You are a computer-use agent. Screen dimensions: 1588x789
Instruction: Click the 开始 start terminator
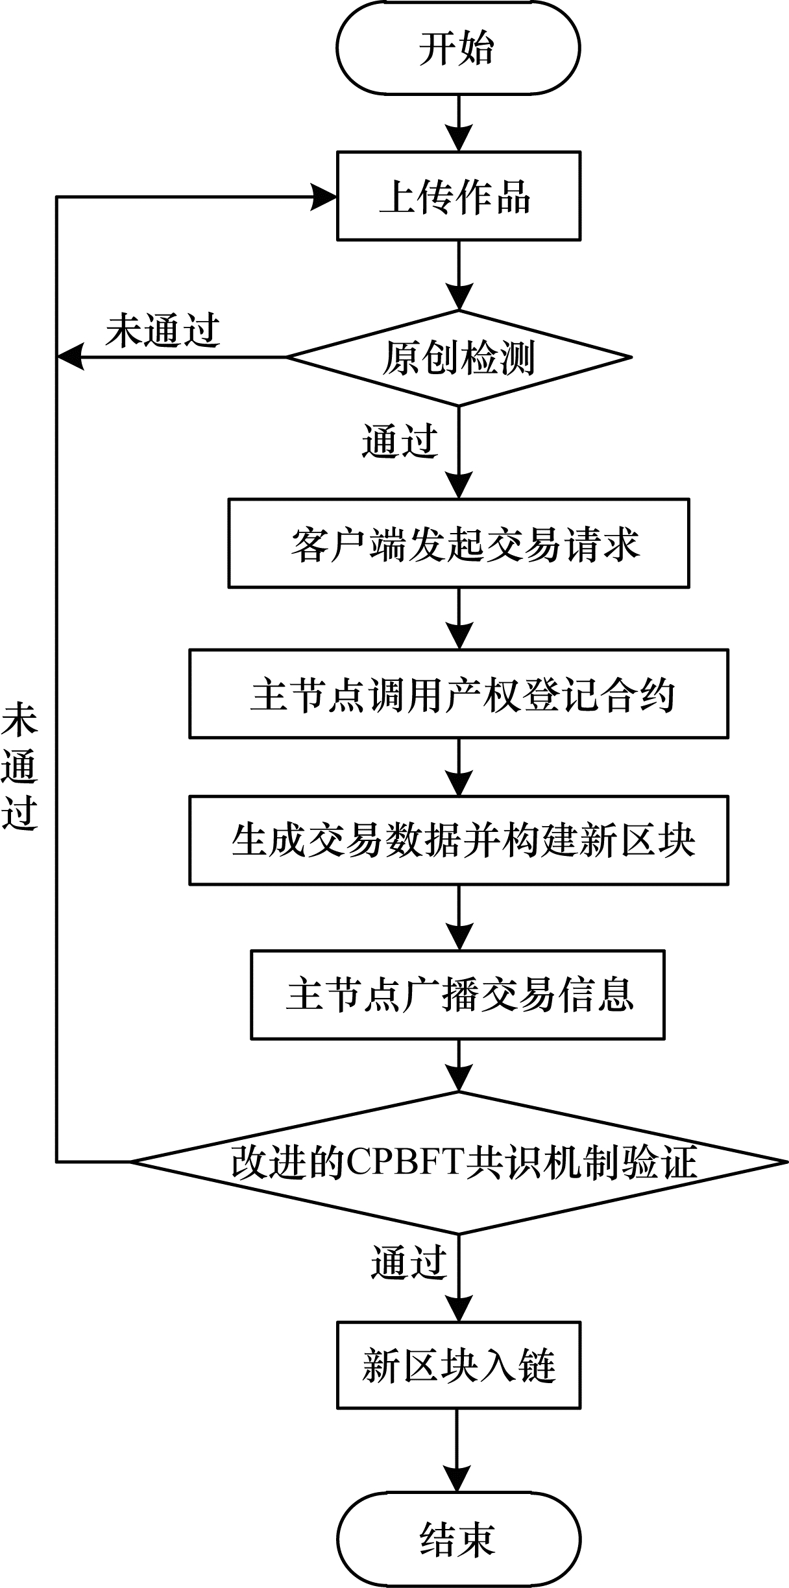pyautogui.click(x=458, y=48)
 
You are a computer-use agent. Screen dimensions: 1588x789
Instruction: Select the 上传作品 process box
pyautogui.click(x=458, y=196)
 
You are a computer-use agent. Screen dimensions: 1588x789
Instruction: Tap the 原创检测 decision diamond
pyautogui.click(x=458, y=357)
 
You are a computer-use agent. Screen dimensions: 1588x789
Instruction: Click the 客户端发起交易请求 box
pyautogui.click(x=458, y=543)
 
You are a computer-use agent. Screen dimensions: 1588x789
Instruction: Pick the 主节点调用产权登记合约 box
pyautogui.click(x=458, y=694)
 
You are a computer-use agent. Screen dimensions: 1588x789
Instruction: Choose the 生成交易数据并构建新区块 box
pyautogui.click(x=458, y=840)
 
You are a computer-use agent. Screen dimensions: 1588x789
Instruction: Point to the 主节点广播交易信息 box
pyautogui.click(x=458, y=995)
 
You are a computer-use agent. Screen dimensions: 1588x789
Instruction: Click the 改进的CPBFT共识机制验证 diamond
pyautogui.click(x=458, y=1162)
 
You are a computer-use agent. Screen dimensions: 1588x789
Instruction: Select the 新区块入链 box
pyautogui.click(x=458, y=1366)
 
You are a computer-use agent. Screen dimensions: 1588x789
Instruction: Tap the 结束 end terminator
pyautogui.click(x=458, y=1539)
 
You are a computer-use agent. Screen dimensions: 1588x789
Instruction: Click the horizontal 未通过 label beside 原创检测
pyautogui.click(x=163, y=331)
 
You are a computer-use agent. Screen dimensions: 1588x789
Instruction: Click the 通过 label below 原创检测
pyautogui.click(x=400, y=442)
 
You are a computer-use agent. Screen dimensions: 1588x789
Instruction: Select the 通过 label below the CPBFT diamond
pyautogui.click(x=409, y=1262)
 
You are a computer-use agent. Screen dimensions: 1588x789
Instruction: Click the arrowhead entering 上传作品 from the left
pyautogui.click(x=323, y=196)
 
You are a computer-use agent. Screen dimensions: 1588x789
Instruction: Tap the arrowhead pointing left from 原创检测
pyautogui.click(x=71, y=357)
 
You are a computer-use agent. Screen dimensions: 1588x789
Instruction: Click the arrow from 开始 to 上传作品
pyautogui.click(x=459, y=123)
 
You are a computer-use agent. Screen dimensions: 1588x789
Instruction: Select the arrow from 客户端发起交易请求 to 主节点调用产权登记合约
pyautogui.click(x=459, y=618)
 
